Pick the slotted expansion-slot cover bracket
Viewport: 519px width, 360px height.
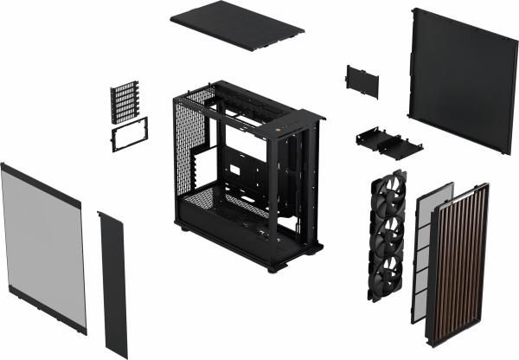(x=125, y=102)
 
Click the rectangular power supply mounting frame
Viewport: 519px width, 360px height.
(x=129, y=135)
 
